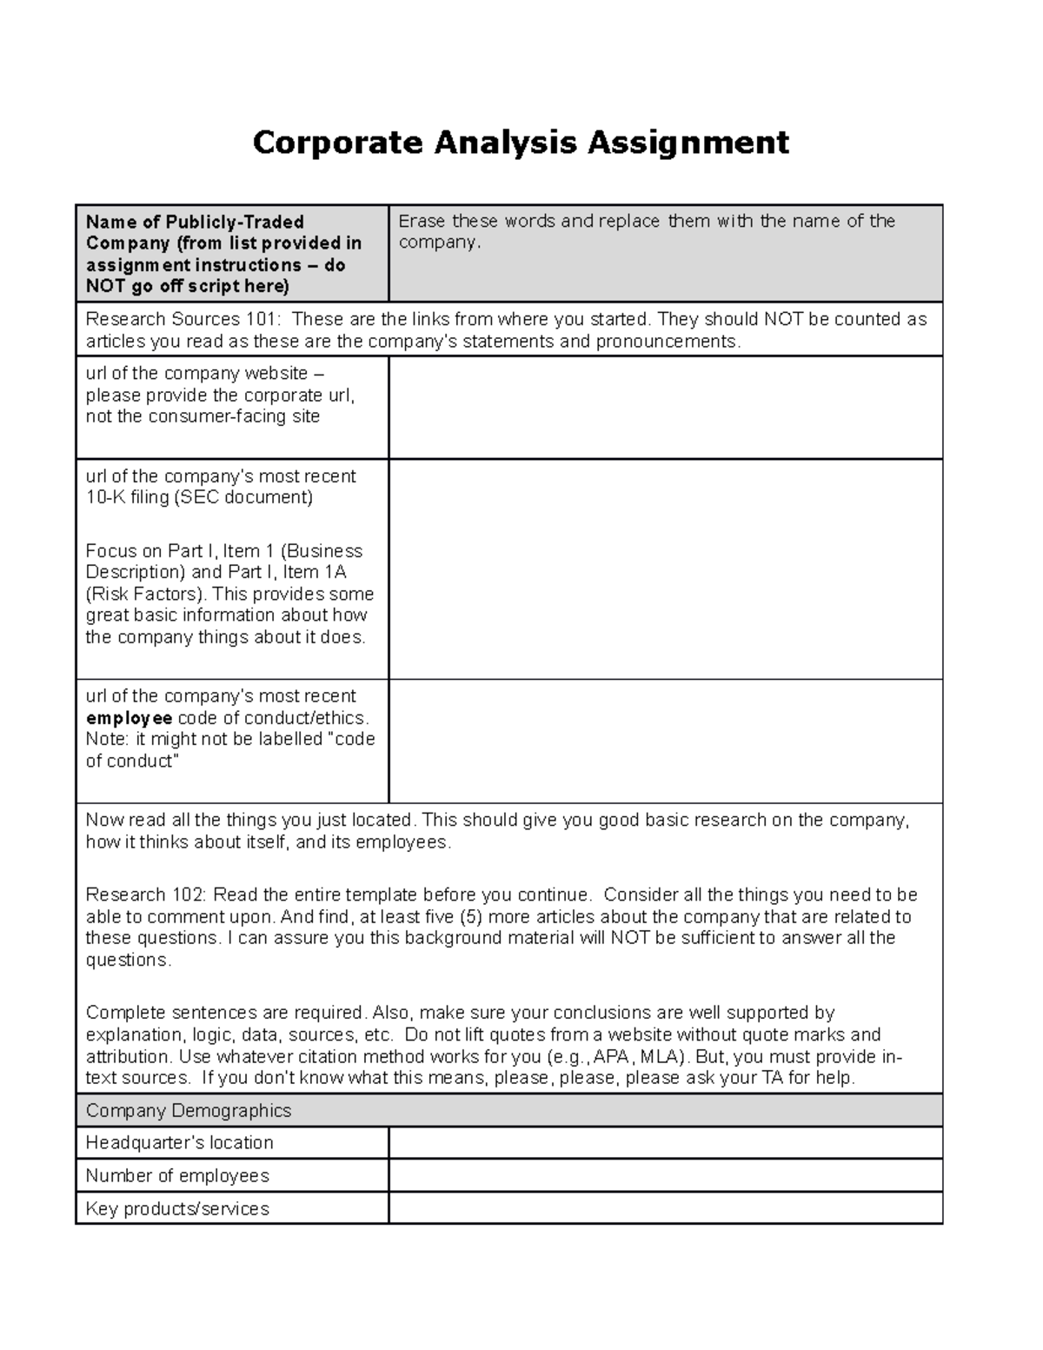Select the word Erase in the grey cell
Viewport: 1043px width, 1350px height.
[x=422, y=221]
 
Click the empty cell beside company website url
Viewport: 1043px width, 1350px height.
[x=665, y=407]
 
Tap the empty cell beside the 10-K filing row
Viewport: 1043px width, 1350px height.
[x=665, y=569]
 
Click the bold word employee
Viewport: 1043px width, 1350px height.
[x=129, y=718]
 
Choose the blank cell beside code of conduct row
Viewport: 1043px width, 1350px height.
[x=665, y=741]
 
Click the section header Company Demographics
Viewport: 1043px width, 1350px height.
[x=189, y=1110]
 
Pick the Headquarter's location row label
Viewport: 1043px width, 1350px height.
[x=179, y=1142]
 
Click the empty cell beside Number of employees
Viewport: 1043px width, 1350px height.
[x=665, y=1175]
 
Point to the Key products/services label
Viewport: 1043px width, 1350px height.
[x=177, y=1208]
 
